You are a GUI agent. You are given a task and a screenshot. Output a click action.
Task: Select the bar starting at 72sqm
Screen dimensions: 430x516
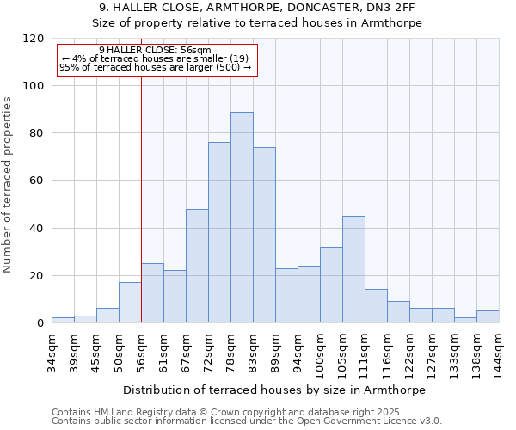coord(219,232)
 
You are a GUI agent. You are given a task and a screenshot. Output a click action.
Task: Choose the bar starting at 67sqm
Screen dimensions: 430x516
coord(197,266)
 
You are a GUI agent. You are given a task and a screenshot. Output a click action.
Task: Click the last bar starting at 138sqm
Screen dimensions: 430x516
coord(488,316)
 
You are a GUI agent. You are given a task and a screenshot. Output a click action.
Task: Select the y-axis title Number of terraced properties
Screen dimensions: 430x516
coord(9,185)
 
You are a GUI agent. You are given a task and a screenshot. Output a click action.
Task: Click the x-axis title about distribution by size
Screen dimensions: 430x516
coord(275,390)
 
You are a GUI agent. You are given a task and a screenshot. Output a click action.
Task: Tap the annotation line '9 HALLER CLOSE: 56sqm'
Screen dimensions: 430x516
coord(155,51)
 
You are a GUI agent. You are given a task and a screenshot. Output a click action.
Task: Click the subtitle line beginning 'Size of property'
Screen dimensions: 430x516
coord(258,23)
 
